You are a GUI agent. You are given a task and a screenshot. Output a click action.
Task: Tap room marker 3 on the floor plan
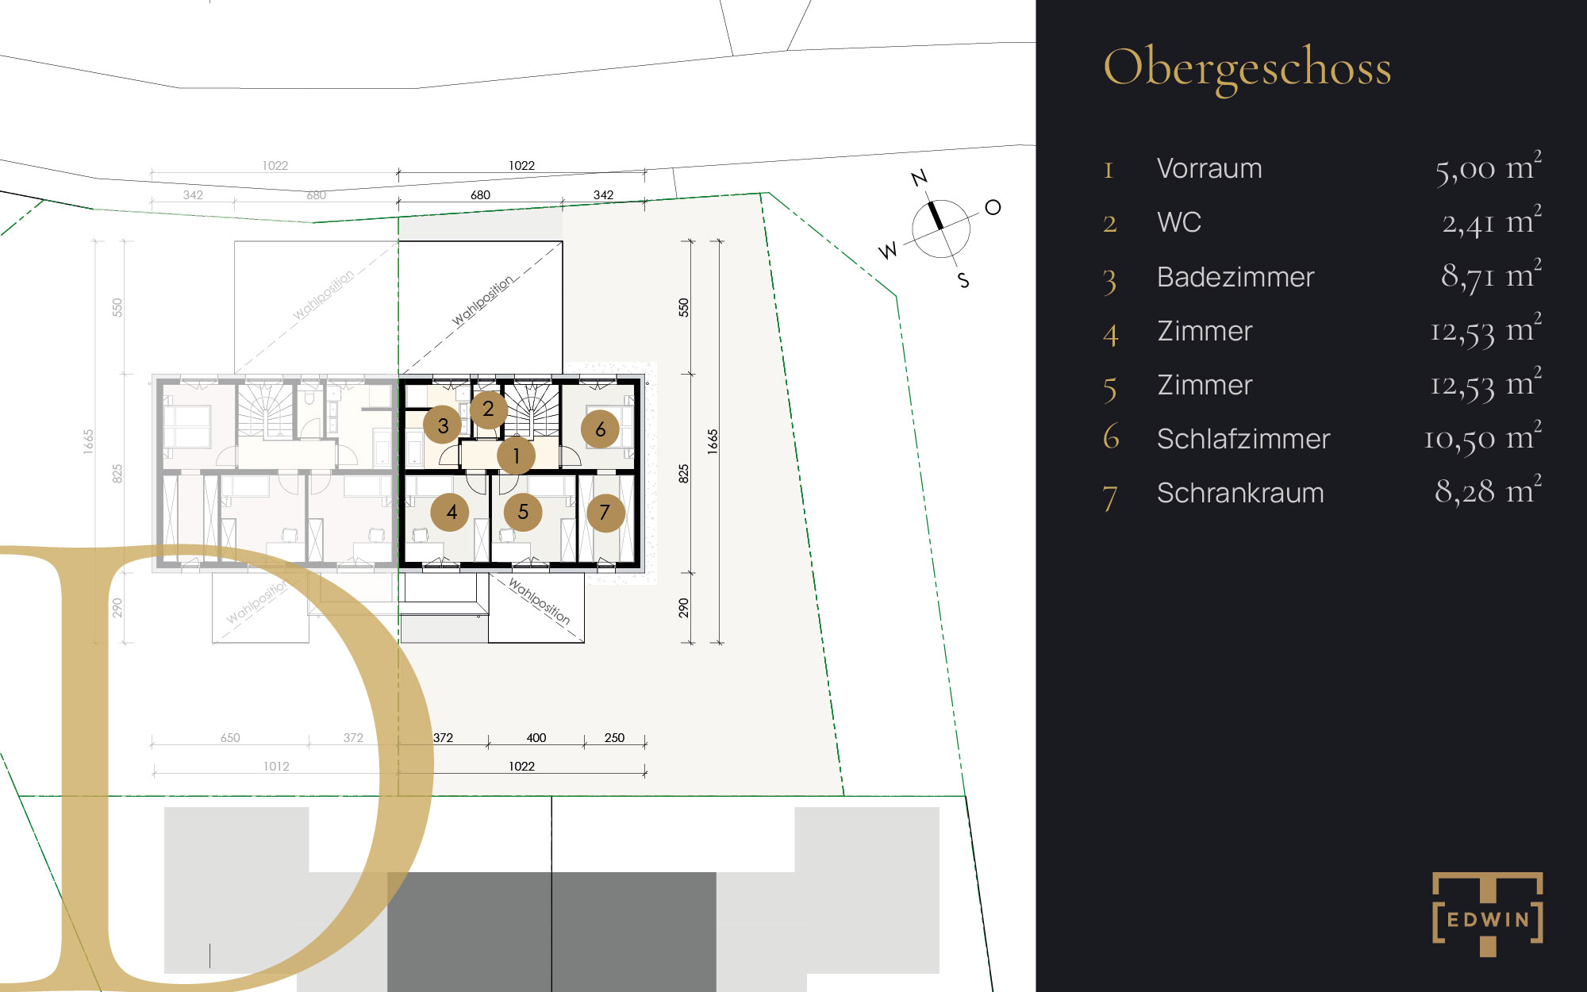pyautogui.click(x=443, y=425)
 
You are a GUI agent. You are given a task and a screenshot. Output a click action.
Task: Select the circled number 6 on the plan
pyautogui.click(x=601, y=429)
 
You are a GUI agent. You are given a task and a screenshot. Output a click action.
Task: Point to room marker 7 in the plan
pyautogui.click(x=605, y=512)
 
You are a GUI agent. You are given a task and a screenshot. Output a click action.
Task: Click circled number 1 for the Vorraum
pyautogui.click(x=516, y=456)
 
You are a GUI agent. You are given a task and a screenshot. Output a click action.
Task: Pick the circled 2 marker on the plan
pyautogui.click(x=488, y=409)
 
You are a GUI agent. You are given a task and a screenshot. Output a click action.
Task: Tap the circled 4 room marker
pyautogui.click(x=451, y=512)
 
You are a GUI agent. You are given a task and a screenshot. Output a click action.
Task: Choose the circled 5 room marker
pyautogui.click(x=523, y=512)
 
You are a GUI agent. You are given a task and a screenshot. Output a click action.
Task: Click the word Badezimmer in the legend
pyautogui.click(x=1235, y=277)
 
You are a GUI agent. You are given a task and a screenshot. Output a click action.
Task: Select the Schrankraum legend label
pyautogui.click(x=1240, y=493)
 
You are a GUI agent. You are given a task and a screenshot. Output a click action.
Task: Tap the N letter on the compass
pyautogui.click(x=920, y=178)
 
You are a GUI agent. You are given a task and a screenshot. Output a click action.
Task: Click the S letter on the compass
pyautogui.click(x=963, y=280)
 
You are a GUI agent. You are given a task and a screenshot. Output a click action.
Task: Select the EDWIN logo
pyautogui.click(x=1488, y=914)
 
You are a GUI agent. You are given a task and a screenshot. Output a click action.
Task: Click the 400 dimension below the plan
pyautogui.click(x=536, y=737)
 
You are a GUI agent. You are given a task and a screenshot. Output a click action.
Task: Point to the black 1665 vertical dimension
pyautogui.click(x=713, y=441)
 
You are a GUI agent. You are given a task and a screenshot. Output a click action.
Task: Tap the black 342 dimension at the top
pyautogui.click(x=603, y=194)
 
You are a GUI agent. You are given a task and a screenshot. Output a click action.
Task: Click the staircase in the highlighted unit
pyautogui.click(x=532, y=409)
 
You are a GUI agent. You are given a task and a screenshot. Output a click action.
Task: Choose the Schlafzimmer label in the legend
pyautogui.click(x=1243, y=439)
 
